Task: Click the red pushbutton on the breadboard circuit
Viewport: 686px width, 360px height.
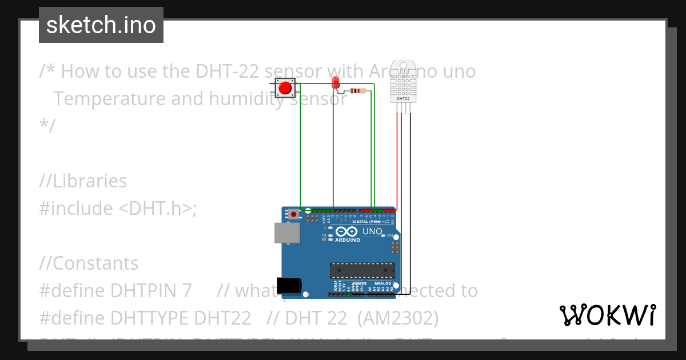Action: pyautogui.click(x=285, y=88)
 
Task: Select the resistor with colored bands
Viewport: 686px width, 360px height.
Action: pyautogui.click(x=358, y=90)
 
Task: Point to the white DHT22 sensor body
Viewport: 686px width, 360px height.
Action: pyautogui.click(x=403, y=80)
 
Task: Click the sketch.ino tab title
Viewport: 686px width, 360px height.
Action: pyautogui.click(x=101, y=25)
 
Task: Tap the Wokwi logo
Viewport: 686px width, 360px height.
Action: pyautogui.click(x=608, y=315)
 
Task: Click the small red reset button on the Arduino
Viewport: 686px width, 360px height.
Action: pyautogui.click(x=294, y=214)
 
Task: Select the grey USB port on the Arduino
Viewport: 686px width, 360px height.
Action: pyautogui.click(x=286, y=232)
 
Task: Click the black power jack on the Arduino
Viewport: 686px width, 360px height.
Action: pyautogui.click(x=289, y=285)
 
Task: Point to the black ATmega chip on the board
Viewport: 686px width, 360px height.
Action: pyautogui.click(x=362, y=270)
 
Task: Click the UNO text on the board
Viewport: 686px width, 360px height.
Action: pyautogui.click(x=373, y=231)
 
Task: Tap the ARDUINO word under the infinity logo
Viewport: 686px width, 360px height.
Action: pyautogui.click(x=348, y=241)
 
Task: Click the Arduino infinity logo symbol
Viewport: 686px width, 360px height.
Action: pyautogui.click(x=347, y=231)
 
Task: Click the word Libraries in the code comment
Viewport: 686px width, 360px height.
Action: pyautogui.click(x=90, y=181)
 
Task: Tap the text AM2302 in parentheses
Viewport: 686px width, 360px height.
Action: pyautogui.click(x=398, y=318)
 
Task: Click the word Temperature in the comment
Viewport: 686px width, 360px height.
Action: pyautogui.click(x=110, y=99)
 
